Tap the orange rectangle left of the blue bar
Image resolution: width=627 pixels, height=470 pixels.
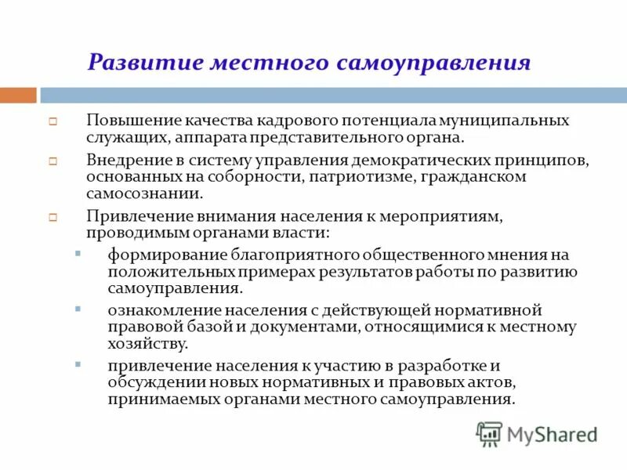coord(18,96)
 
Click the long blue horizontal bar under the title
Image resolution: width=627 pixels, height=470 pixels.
coord(333,96)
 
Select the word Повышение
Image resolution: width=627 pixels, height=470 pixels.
coord(134,121)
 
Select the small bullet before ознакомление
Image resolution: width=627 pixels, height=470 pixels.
coord(77,310)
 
